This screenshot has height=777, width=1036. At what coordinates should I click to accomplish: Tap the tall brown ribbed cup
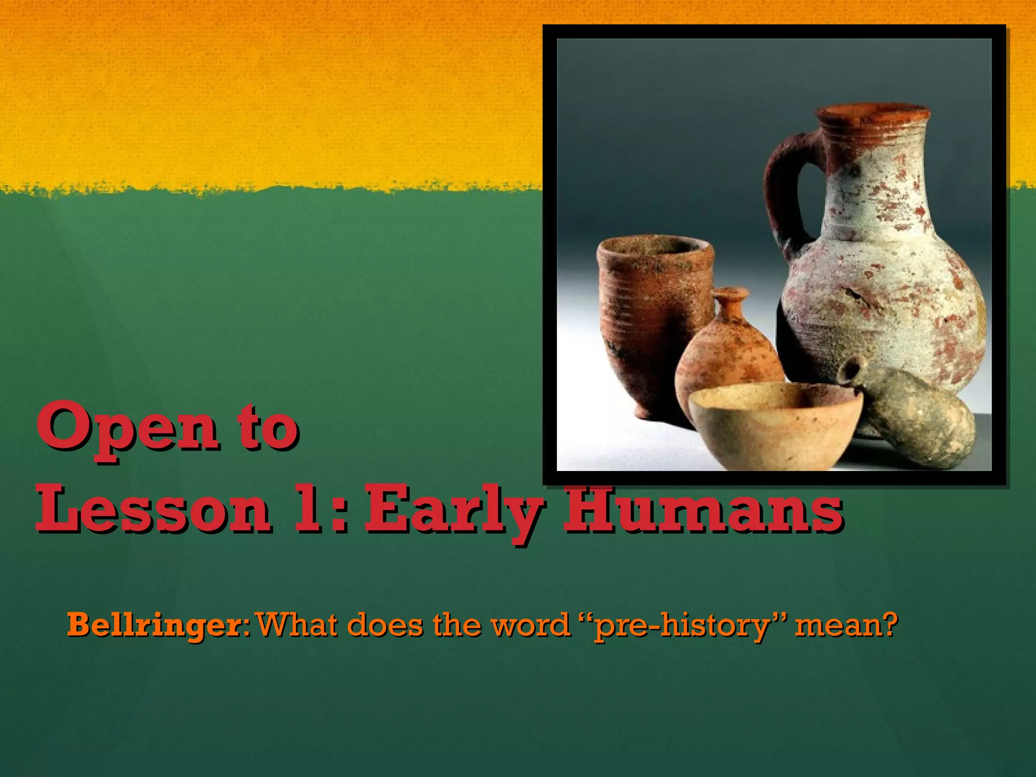tap(653, 314)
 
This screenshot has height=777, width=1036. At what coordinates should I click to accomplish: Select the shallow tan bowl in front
tap(774, 425)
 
